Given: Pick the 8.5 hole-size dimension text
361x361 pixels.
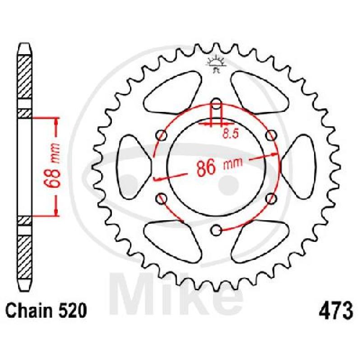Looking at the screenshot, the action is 230,134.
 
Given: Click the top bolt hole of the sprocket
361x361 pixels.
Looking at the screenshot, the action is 216,104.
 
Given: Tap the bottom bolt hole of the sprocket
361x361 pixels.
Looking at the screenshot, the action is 217,230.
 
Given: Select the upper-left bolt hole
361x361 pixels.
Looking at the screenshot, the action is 162,135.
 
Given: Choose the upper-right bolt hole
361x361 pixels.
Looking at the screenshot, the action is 271,135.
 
